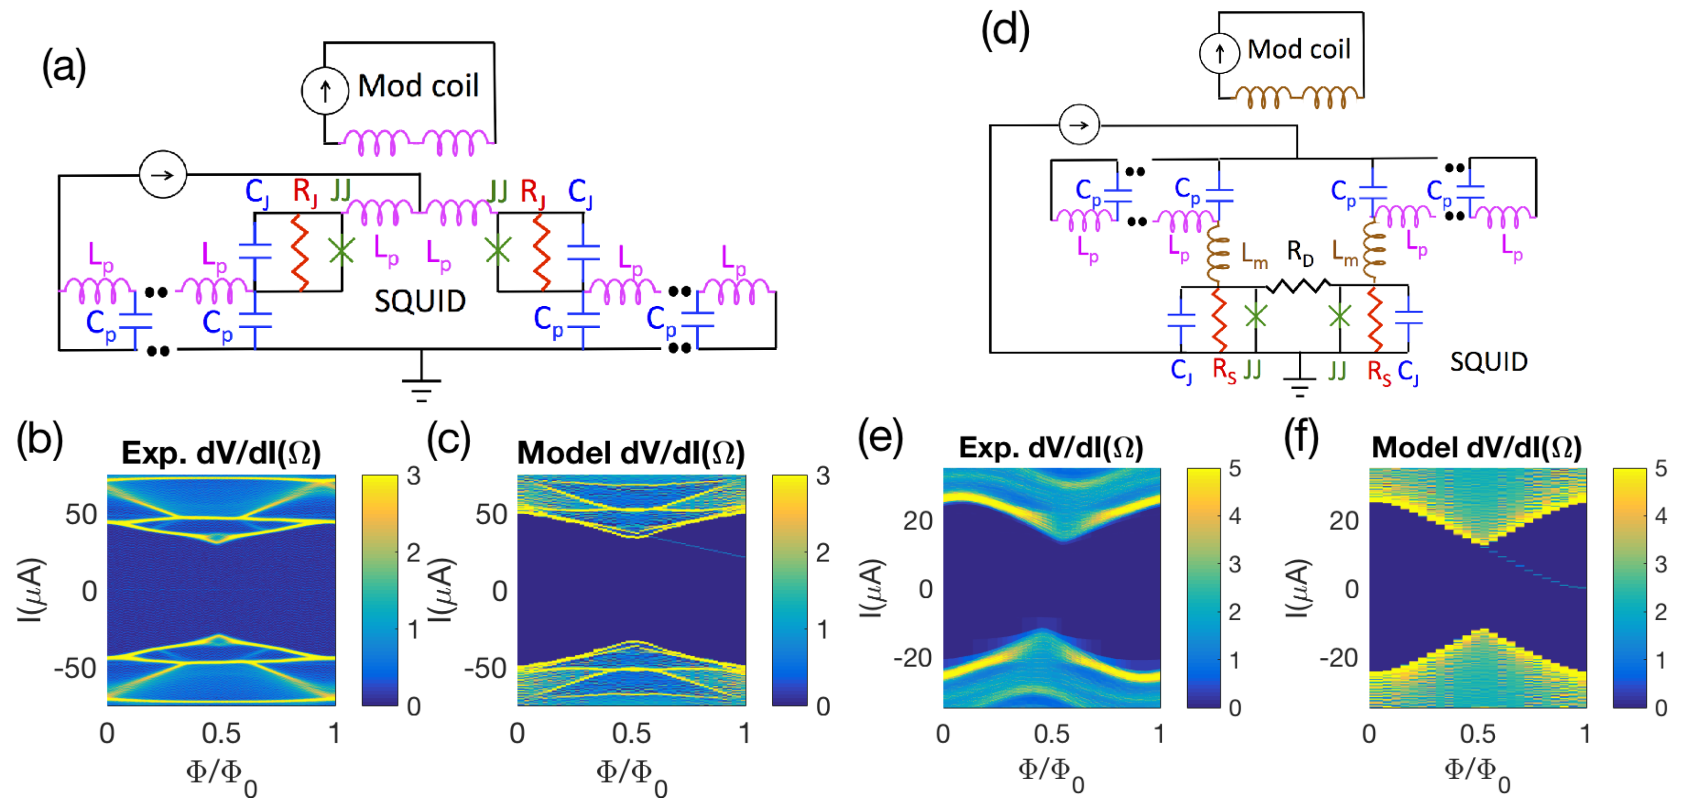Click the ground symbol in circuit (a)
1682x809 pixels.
click(x=421, y=389)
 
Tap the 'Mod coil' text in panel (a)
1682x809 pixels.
click(x=418, y=86)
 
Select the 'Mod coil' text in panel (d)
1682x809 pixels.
click(x=1299, y=49)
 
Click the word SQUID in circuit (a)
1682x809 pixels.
click(x=420, y=302)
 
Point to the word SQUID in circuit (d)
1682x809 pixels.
click(x=1489, y=362)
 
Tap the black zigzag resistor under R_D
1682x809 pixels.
click(x=1298, y=285)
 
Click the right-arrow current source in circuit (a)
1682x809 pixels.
click(x=163, y=174)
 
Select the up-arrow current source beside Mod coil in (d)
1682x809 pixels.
click(x=1219, y=54)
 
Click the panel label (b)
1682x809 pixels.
click(x=39, y=441)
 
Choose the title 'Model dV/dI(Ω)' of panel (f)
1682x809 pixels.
click(x=1476, y=448)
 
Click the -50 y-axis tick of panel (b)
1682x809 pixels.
click(x=75, y=668)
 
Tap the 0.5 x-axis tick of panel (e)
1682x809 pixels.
click(x=1051, y=734)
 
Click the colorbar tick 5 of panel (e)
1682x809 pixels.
click(x=1235, y=469)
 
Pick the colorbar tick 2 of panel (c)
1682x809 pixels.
click(x=823, y=553)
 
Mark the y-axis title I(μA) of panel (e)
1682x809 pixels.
click(x=872, y=588)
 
